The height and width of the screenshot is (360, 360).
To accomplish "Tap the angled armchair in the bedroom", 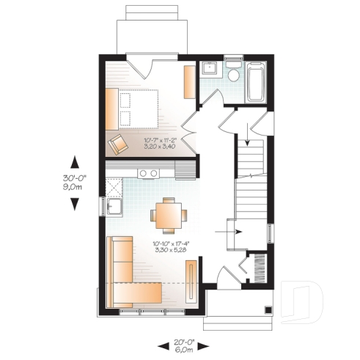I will point(118,143).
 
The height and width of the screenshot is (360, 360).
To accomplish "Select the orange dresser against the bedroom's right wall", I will point(189,82).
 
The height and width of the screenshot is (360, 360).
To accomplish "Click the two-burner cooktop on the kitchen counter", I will point(150,173).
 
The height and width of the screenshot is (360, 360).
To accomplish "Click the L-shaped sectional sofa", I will point(129,279).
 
